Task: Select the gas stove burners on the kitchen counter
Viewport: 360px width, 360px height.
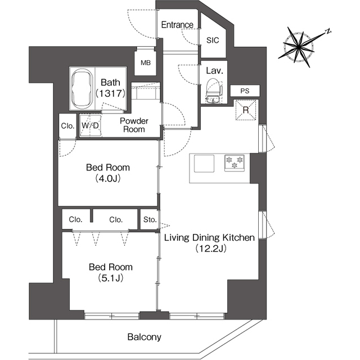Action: coord(234,163)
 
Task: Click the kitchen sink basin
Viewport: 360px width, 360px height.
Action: coord(204,164)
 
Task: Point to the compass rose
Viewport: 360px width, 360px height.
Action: coord(299,47)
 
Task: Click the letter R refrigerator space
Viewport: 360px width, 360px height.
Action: coord(246,110)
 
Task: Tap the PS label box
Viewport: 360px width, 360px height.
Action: coord(245,91)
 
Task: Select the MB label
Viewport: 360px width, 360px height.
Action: coord(146,62)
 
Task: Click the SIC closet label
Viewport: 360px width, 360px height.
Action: coord(213,40)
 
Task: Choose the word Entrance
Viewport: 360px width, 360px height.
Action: coord(177,25)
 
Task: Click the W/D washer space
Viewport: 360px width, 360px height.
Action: coord(90,125)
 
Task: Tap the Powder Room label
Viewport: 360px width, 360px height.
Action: coord(134,125)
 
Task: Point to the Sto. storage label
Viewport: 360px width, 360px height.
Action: coord(150,220)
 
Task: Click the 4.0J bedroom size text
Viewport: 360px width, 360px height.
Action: coord(108,178)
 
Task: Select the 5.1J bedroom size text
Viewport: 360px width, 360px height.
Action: coord(111,278)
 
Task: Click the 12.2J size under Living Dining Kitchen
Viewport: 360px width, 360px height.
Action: coord(211,248)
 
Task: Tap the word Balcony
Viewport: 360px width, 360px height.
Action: coord(145,337)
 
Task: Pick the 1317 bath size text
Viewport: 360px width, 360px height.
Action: coord(110,93)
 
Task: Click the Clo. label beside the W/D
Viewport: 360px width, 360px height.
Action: coord(67,126)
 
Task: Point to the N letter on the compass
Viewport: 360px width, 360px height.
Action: coord(328,31)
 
